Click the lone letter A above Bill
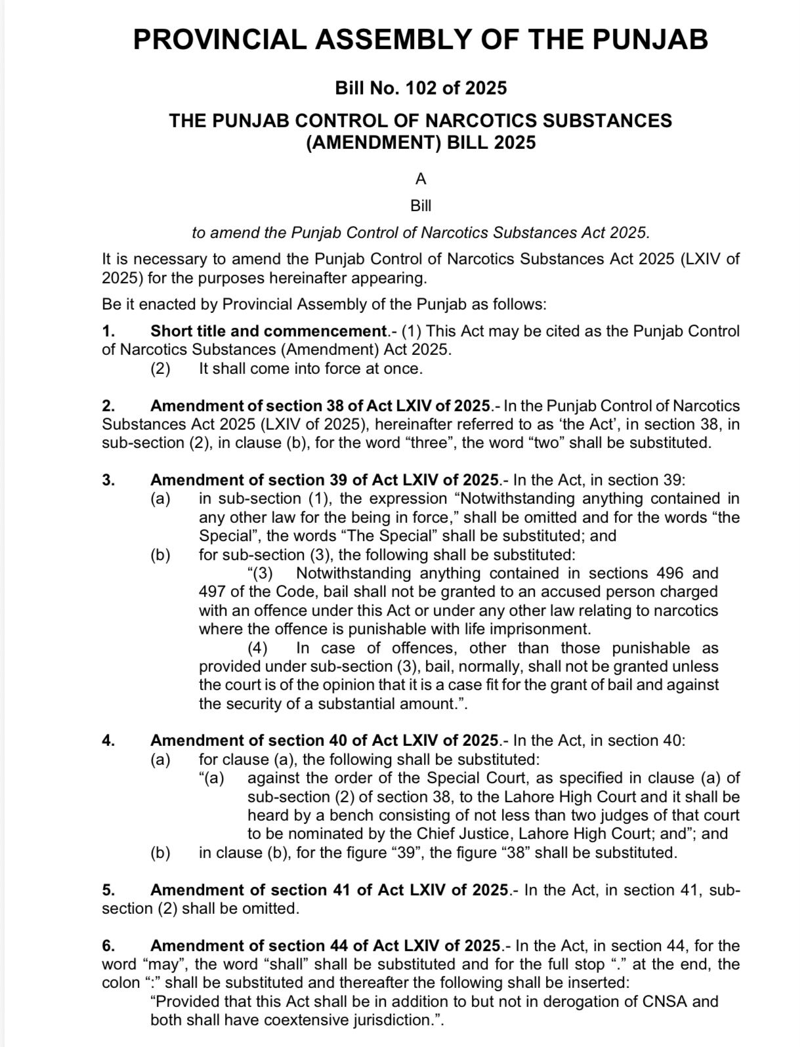coord(421,178)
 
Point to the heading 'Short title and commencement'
coord(268,331)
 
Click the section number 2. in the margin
coord(109,406)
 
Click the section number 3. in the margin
coord(109,480)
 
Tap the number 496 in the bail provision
coord(670,573)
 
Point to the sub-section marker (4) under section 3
coord(257,648)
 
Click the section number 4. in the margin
coord(109,741)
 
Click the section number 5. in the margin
coord(109,890)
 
